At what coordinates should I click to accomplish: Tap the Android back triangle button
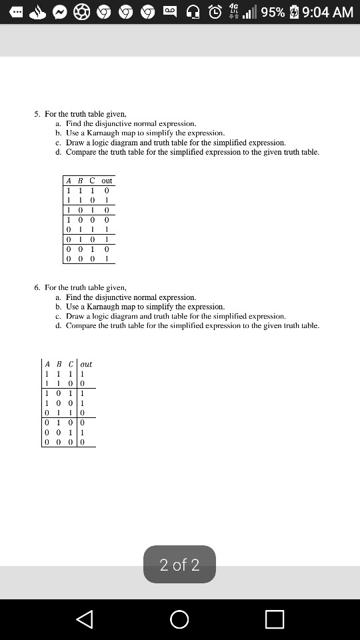(x=85, y=619)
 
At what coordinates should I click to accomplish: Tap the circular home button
(x=179, y=619)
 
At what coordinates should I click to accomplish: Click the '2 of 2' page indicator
(x=179, y=565)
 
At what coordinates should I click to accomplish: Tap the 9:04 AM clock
(x=328, y=12)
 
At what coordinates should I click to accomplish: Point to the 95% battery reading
(x=273, y=12)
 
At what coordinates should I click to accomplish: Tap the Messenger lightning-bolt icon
(x=59, y=12)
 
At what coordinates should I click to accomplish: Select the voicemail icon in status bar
(x=171, y=12)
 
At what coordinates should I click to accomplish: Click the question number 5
(x=37, y=114)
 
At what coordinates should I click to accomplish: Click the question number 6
(x=37, y=287)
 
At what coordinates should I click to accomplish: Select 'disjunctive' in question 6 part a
(x=119, y=297)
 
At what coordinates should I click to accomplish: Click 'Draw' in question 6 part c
(x=74, y=316)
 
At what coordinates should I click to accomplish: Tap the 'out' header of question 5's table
(x=107, y=181)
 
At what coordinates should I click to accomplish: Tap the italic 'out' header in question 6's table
(x=86, y=364)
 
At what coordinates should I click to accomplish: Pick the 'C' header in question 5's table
(x=92, y=181)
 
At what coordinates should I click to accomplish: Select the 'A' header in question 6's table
(x=47, y=364)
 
